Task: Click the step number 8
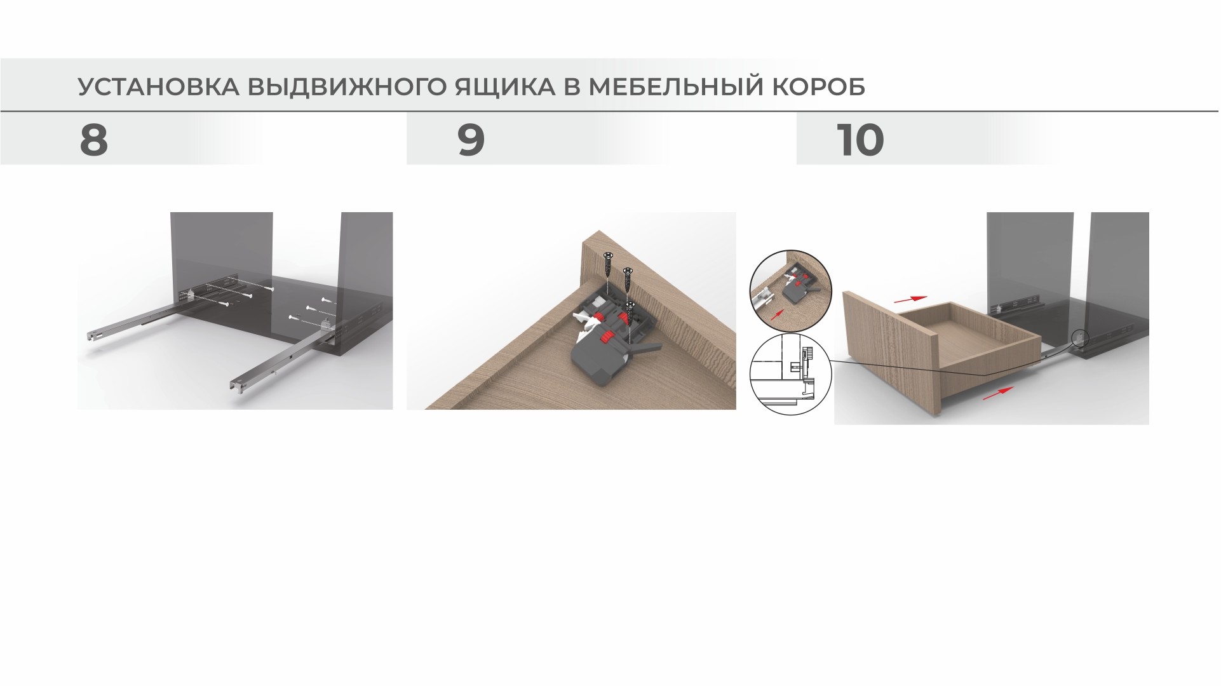(x=93, y=140)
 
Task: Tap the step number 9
(x=471, y=140)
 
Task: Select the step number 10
(x=860, y=140)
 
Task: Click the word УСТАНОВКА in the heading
(x=158, y=87)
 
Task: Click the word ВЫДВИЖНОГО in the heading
(x=347, y=87)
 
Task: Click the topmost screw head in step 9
(x=609, y=255)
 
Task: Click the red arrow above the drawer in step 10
(x=910, y=298)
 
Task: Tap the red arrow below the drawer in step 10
(x=997, y=394)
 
